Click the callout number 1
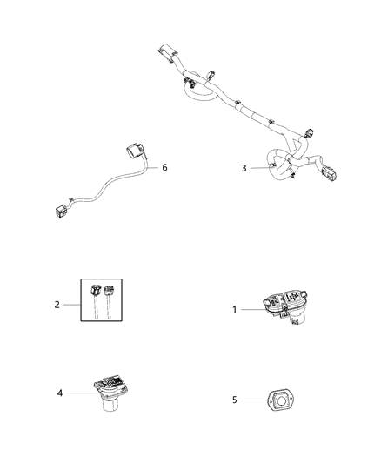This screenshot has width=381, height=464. click(x=234, y=309)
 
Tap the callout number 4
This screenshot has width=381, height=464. click(x=60, y=393)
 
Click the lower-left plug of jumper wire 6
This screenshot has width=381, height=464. click(x=61, y=209)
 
